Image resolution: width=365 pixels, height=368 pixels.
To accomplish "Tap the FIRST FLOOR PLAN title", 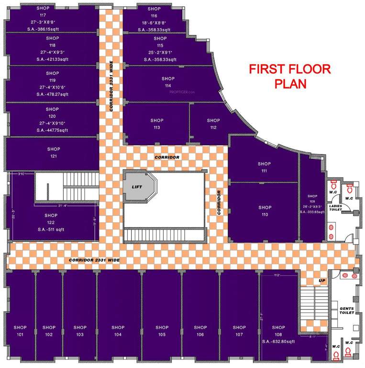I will (289, 76).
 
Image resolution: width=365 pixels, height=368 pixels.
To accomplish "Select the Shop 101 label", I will (20, 331).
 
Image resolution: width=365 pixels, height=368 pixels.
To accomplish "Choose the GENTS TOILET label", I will (346, 310).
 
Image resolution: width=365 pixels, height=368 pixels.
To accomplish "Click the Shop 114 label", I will (168, 82).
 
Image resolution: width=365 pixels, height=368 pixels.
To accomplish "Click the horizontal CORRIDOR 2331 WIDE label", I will (94, 260).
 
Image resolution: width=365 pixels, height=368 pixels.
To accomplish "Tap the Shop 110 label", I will (265, 211).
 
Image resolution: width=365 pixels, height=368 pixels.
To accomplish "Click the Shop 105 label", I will (162, 331).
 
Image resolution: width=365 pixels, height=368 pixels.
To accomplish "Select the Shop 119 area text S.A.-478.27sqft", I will (53, 94).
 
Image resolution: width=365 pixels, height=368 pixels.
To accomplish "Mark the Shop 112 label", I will (213, 124).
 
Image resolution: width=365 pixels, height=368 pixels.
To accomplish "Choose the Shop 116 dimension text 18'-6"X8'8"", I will (154, 23).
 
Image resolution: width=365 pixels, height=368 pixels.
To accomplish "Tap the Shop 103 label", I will (80, 331).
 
